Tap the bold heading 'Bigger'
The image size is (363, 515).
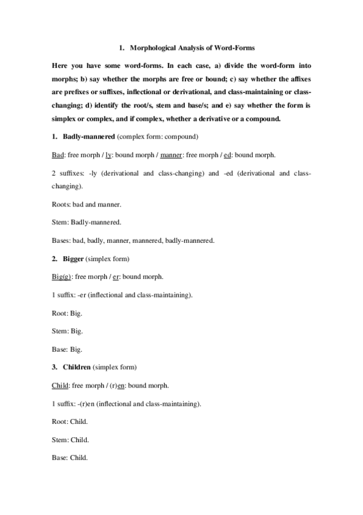73,259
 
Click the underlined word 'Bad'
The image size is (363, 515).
58,154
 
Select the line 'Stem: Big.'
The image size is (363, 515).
67,332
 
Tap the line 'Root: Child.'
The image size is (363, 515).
70,421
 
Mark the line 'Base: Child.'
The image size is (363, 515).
70,457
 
